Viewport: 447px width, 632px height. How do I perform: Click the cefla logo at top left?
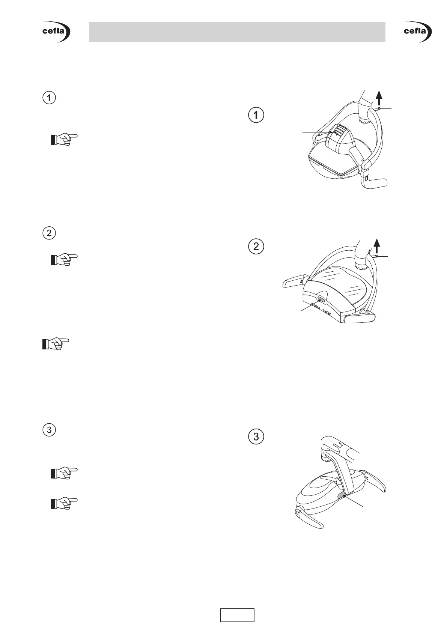[x=56, y=32]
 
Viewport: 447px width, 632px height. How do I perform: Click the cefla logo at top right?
[x=418, y=32]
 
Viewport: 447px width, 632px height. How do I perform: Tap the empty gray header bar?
[x=237, y=32]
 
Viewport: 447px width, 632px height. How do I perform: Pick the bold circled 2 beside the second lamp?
[x=256, y=247]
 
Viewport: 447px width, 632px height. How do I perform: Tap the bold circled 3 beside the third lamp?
[x=256, y=436]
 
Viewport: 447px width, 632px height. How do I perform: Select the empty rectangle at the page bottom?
[x=237, y=615]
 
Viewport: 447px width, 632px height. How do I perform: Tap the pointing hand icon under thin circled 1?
[x=64, y=139]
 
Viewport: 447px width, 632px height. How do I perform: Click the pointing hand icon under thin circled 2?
[x=64, y=259]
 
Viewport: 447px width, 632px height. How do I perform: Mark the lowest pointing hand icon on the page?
[x=64, y=503]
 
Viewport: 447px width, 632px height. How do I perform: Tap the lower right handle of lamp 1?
[x=376, y=184]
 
